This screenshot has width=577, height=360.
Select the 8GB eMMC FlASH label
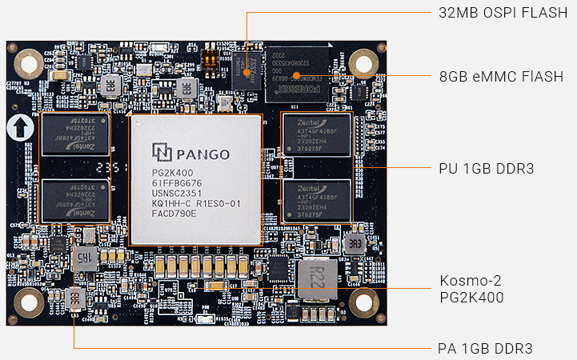(501, 77)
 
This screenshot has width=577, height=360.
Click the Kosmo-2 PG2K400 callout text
(472, 289)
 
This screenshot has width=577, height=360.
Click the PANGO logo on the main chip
(191, 152)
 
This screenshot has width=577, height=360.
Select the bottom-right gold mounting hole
(363, 302)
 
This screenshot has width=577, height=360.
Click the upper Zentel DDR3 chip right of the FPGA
(316, 137)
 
